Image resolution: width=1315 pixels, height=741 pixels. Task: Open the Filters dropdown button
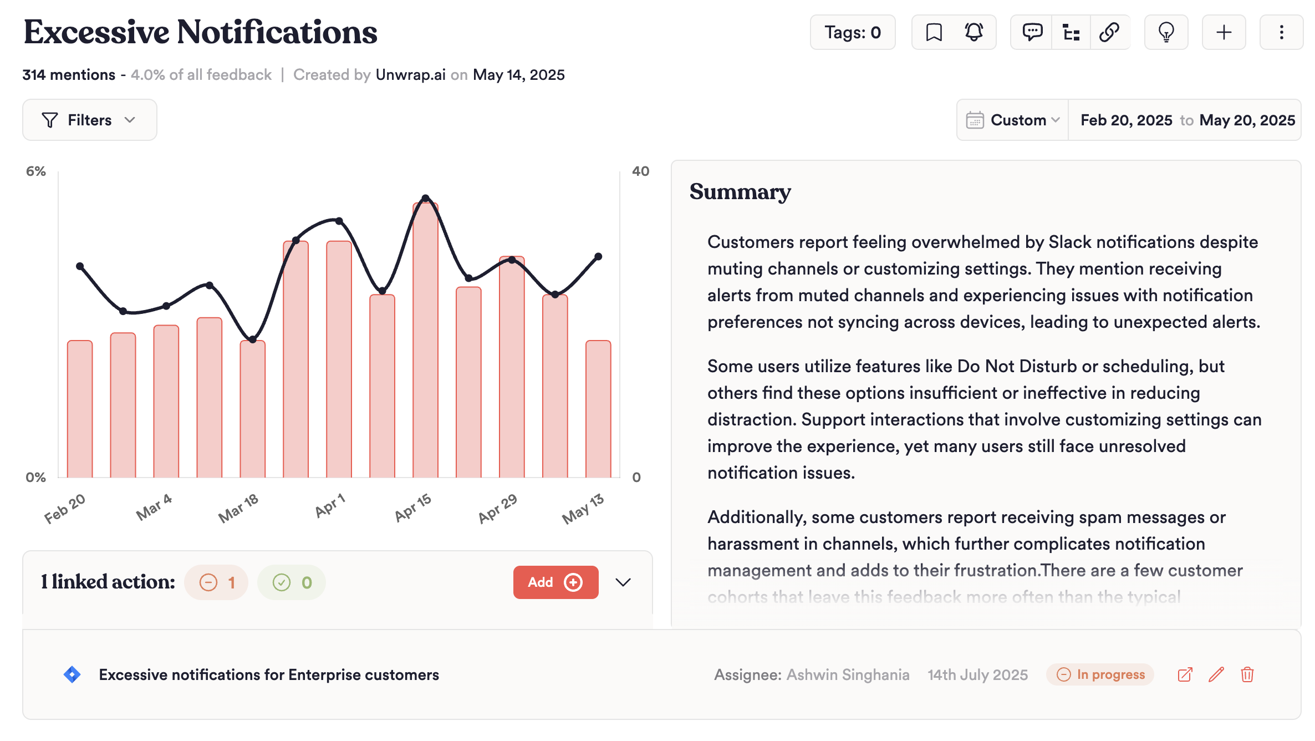point(89,120)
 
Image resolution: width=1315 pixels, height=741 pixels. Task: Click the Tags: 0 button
point(852,32)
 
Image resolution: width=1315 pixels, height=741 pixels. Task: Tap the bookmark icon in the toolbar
point(934,32)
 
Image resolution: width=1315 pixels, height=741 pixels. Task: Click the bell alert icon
point(973,32)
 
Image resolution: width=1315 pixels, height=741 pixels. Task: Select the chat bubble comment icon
point(1032,32)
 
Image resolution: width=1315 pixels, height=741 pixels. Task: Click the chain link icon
point(1109,32)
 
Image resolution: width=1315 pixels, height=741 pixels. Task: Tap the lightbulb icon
point(1166,32)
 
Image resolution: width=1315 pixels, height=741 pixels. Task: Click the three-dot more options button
point(1281,32)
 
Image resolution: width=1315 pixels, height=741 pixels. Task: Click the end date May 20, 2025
point(1247,120)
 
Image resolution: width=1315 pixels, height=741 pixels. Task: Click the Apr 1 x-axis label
point(330,505)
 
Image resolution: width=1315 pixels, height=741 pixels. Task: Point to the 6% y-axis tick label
point(36,171)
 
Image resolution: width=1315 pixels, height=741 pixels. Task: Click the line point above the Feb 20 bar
point(80,266)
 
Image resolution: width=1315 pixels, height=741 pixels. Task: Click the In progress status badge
point(1100,674)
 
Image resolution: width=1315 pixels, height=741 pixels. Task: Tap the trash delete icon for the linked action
point(1247,674)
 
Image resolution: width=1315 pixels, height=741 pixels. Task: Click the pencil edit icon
point(1216,674)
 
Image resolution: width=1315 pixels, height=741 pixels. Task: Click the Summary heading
point(740,192)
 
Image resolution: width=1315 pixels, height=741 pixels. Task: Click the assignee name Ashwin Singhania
point(848,674)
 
